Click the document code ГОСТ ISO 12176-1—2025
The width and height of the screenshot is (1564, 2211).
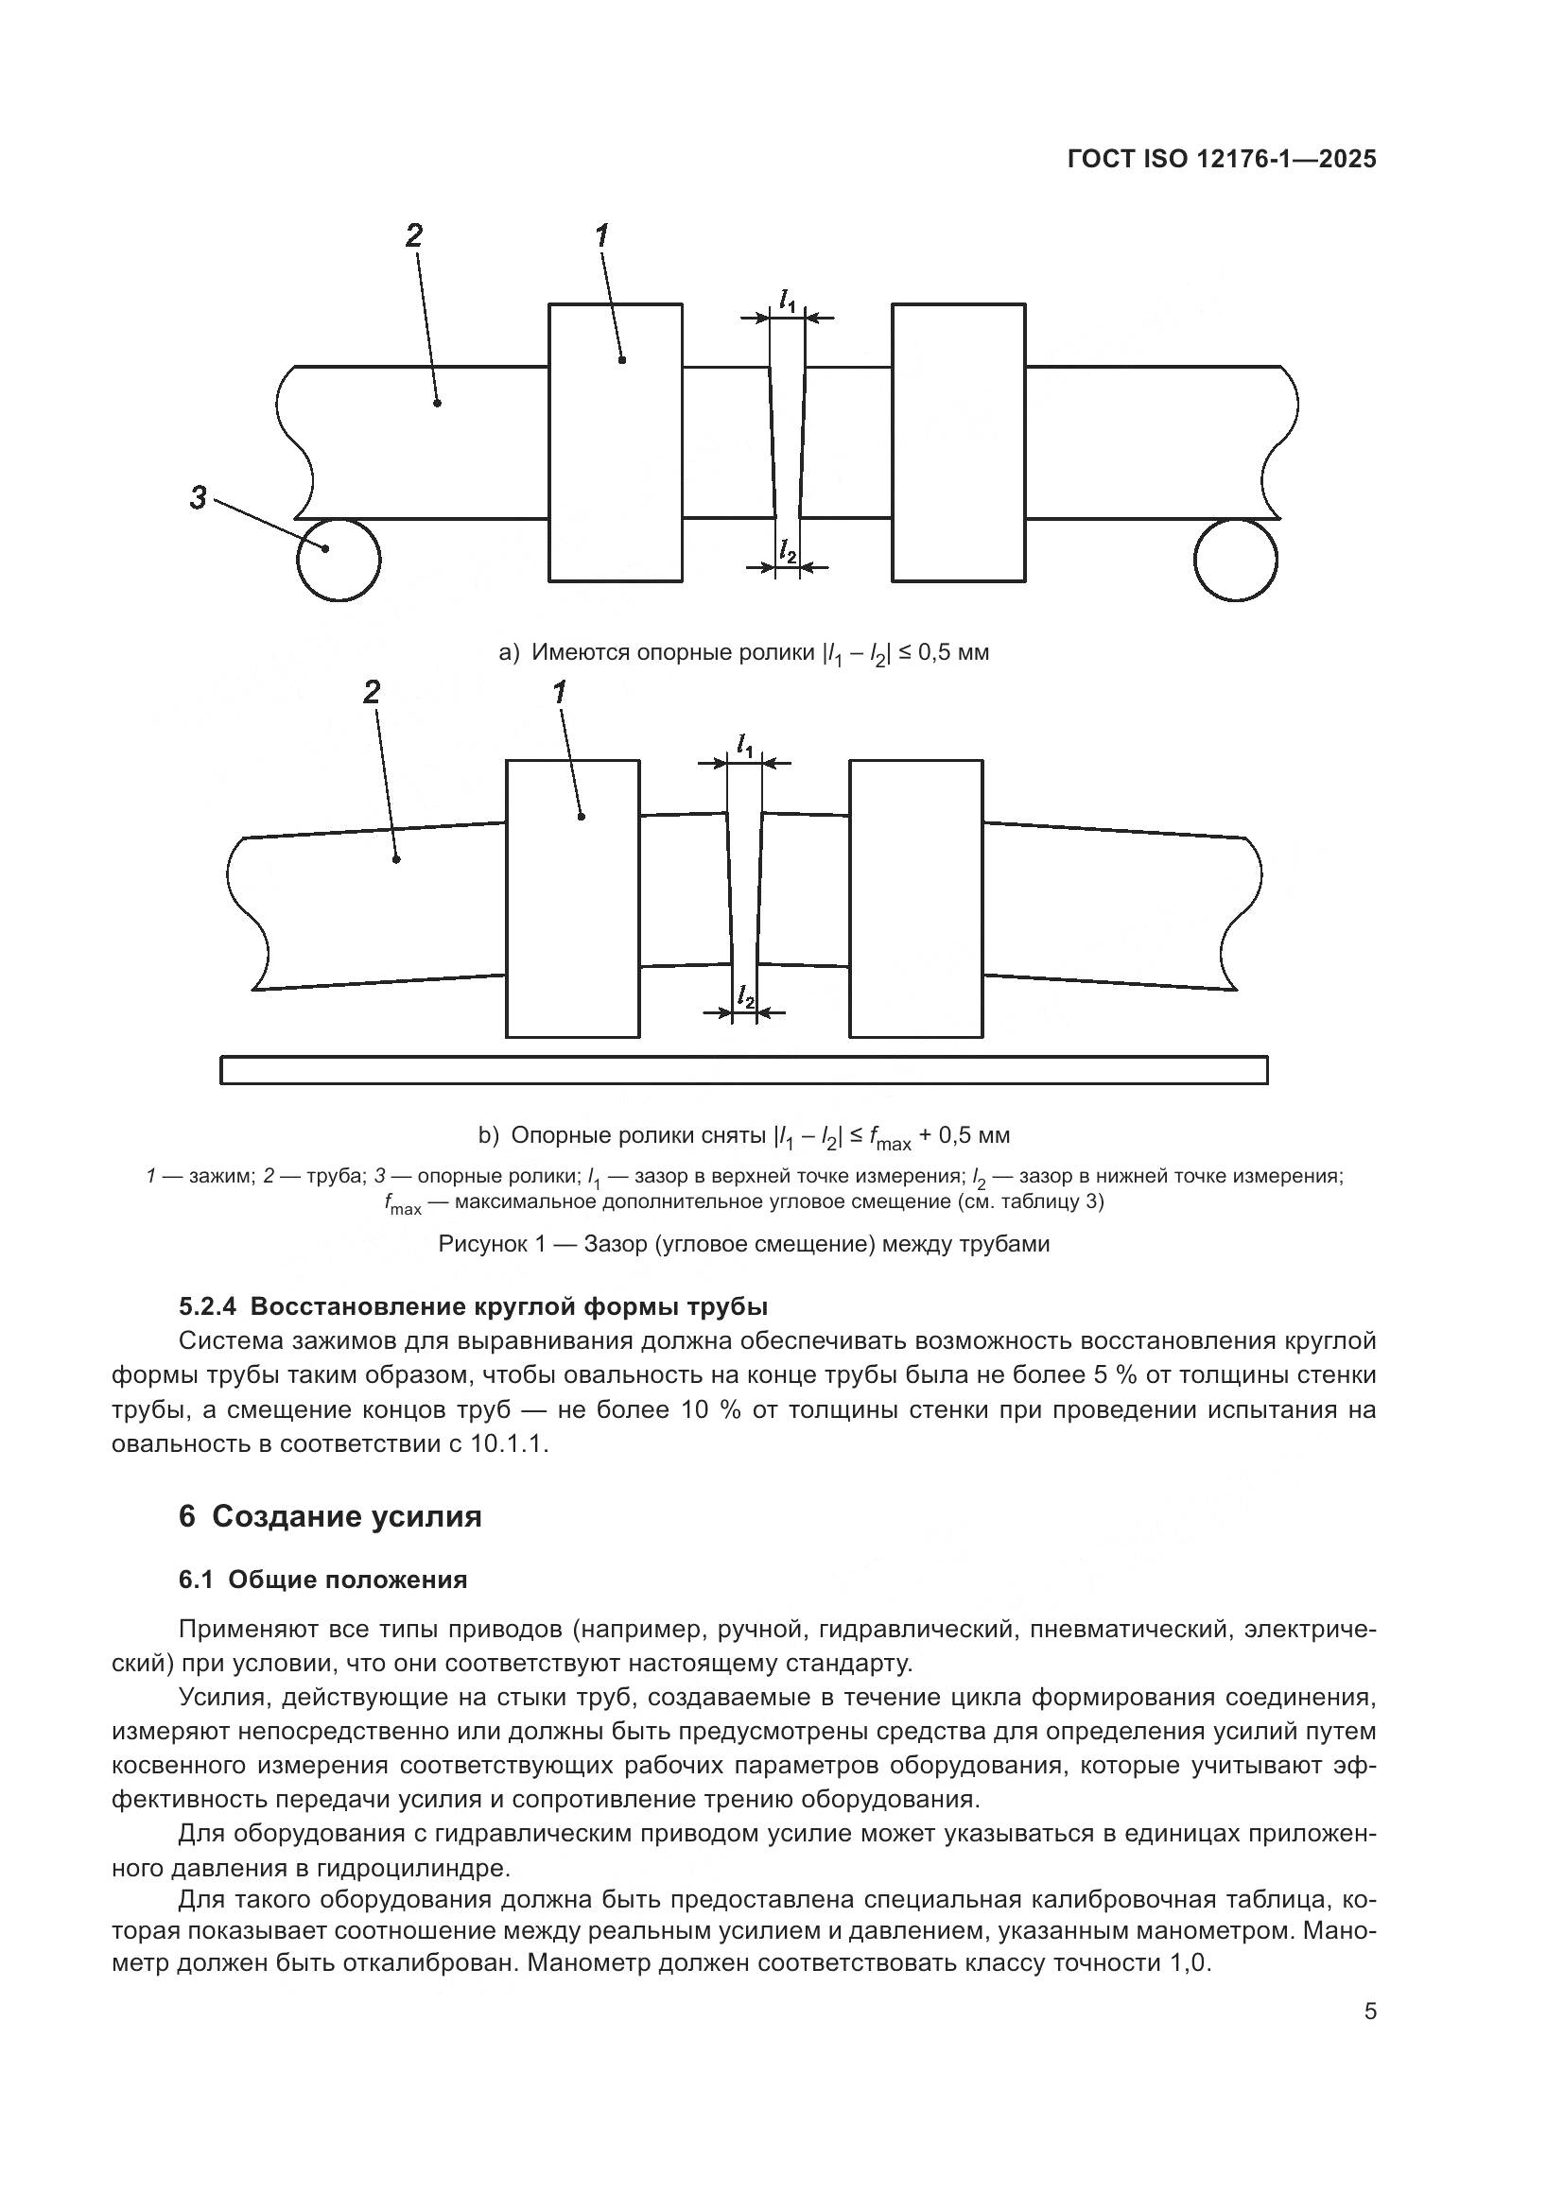click(x=1221, y=160)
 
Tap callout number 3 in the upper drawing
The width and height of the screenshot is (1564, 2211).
click(x=199, y=498)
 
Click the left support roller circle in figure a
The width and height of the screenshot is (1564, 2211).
click(x=338, y=560)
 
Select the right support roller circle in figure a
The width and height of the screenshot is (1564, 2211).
click(x=1236, y=560)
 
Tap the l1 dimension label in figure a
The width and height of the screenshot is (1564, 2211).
click(x=788, y=301)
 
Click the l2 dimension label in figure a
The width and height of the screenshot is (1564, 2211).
click(x=788, y=551)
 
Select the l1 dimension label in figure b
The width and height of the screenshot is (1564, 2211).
click(x=744, y=745)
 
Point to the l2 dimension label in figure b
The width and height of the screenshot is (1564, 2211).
click(x=744, y=995)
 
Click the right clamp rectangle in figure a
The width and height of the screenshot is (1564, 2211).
click(x=958, y=443)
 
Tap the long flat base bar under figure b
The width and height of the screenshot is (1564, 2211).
click(x=743, y=1070)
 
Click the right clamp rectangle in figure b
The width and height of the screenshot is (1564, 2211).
click(x=916, y=898)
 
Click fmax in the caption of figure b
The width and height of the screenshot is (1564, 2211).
click(x=888, y=1138)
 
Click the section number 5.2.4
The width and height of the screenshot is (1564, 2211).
click(x=207, y=1306)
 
